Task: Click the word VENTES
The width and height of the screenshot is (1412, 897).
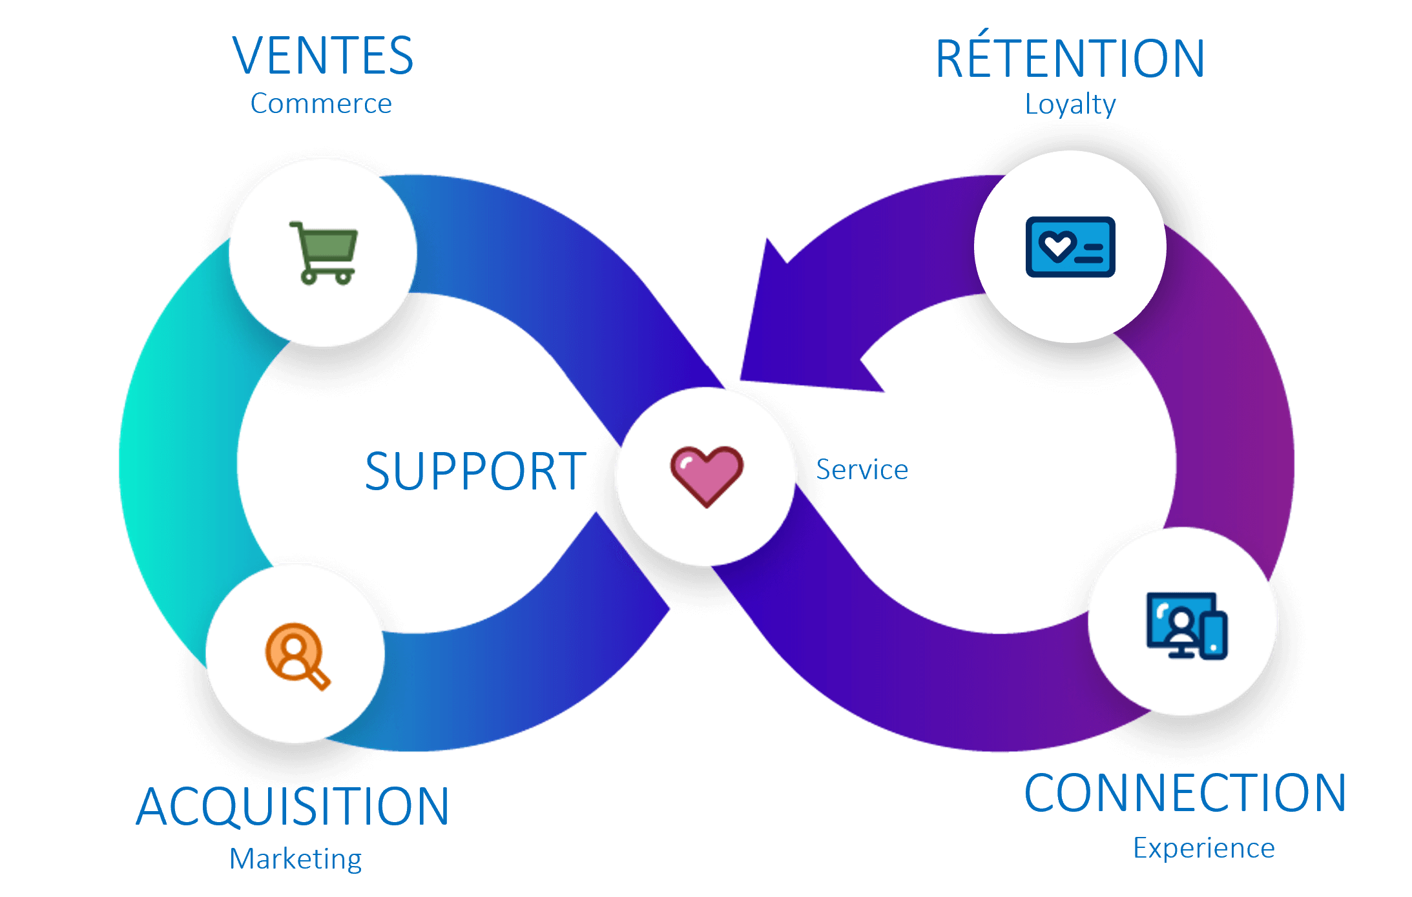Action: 322,56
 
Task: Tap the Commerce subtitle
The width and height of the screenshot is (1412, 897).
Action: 321,104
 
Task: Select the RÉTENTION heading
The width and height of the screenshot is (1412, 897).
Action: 1070,59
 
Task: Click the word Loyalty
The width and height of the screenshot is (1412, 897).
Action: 1070,105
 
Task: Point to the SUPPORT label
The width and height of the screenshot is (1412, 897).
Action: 475,471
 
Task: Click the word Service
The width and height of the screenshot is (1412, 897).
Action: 862,469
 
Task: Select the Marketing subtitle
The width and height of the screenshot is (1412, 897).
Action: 296,859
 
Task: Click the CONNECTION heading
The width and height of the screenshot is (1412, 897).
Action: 1185,793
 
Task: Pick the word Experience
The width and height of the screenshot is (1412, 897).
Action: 1204,848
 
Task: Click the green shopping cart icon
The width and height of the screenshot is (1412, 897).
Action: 324,253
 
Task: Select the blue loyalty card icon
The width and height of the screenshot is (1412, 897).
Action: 1070,247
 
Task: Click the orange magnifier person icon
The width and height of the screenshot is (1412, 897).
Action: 296,655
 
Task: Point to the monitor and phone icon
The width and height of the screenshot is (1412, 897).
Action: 1186,625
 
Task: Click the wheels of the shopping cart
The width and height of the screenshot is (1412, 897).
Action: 327,278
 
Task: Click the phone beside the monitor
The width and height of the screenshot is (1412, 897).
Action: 1214,637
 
